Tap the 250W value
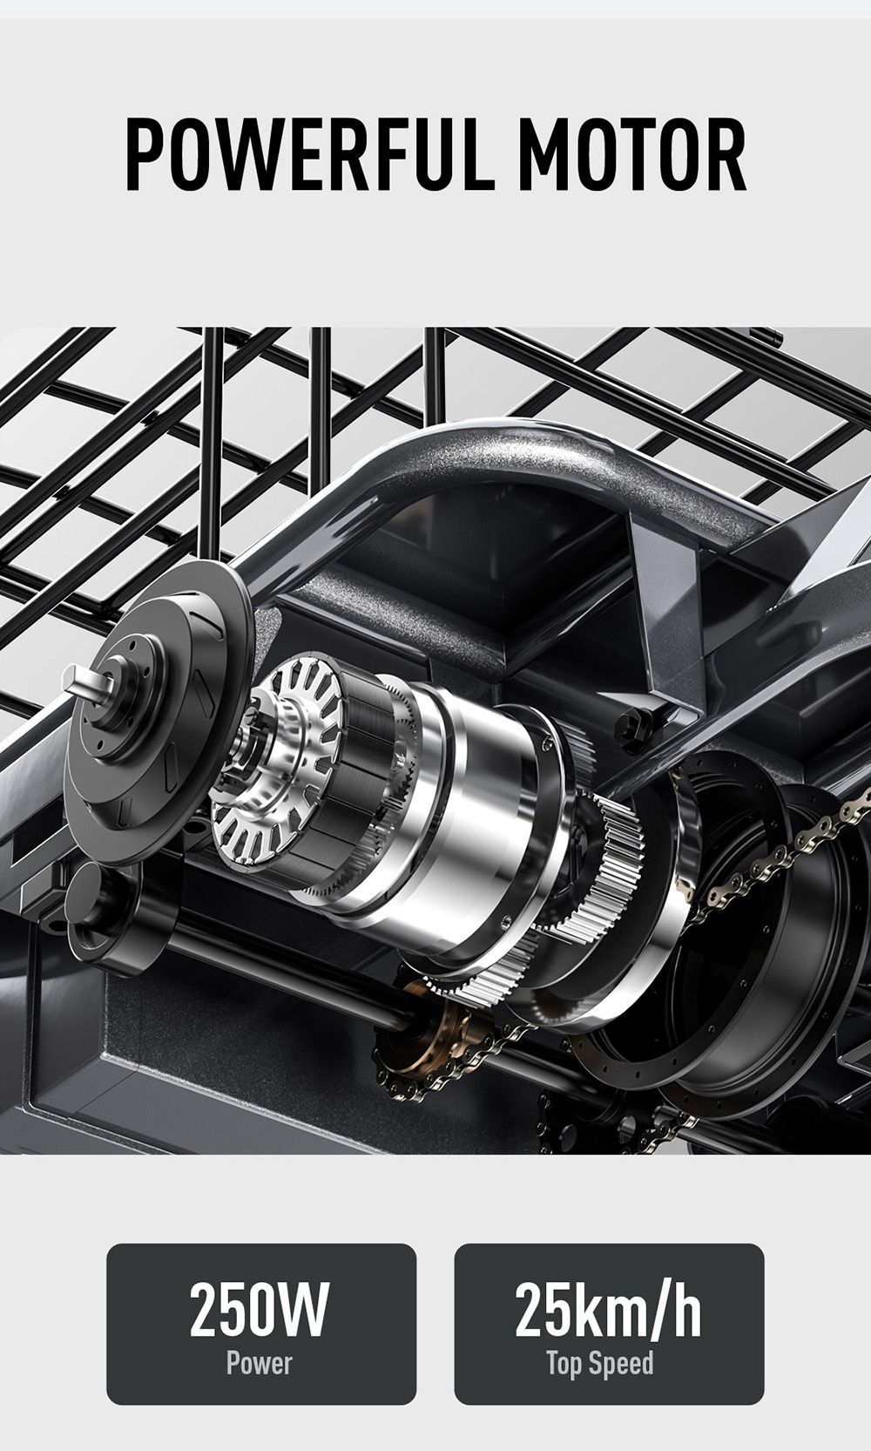tap(260, 1310)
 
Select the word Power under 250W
tap(260, 1361)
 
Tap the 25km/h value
tap(608, 1310)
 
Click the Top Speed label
tap(600, 1362)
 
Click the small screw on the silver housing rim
tap(505, 921)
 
